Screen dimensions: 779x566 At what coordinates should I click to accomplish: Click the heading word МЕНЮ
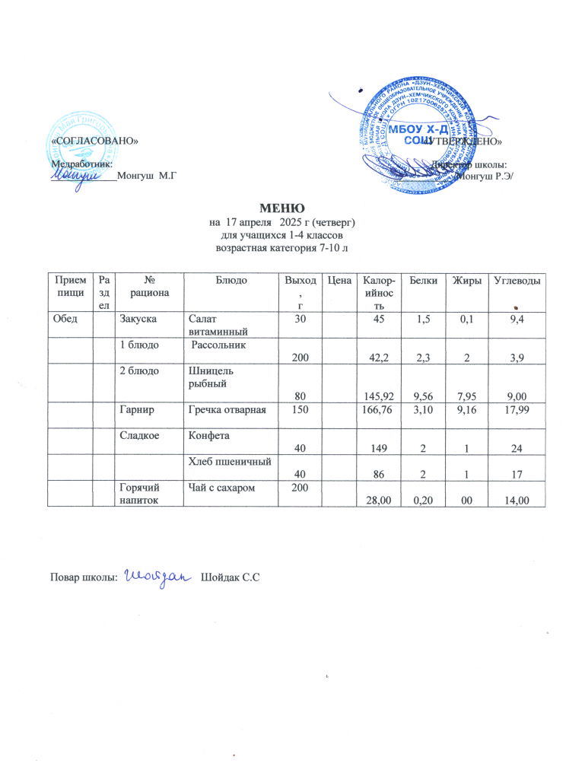pyautogui.click(x=282, y=208)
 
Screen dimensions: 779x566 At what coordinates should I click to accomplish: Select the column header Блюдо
pyautogui.click(x=231, y=281)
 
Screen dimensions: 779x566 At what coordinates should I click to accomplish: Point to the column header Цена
pyautogui.click(x=338, y=281)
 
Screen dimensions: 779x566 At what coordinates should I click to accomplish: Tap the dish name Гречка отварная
pyautogui.click(x=227, y=411)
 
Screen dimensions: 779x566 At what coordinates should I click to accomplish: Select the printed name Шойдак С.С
pyautogui.click(x=231, y=580)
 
